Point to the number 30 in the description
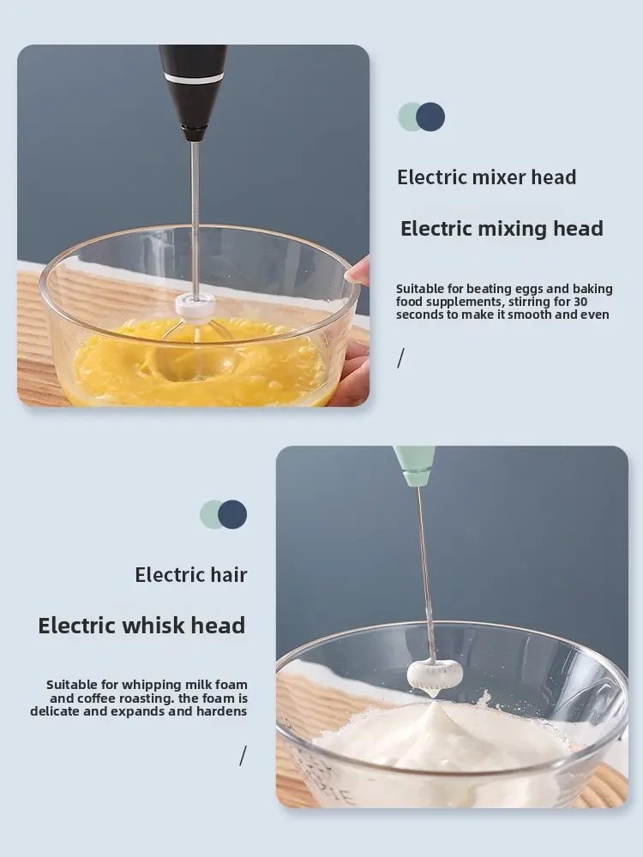tap(580, 301)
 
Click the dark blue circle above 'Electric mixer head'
tap(430, 117)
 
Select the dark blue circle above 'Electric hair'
tap(232, 514)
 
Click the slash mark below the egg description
tap(400, 358)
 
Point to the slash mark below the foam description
tap(243, 756)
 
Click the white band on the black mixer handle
tap(195, 78)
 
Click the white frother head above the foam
tap(435, 675)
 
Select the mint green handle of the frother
tap(416, 466)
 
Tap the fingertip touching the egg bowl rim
tap(356, 271)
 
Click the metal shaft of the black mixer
tap(195, 218)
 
